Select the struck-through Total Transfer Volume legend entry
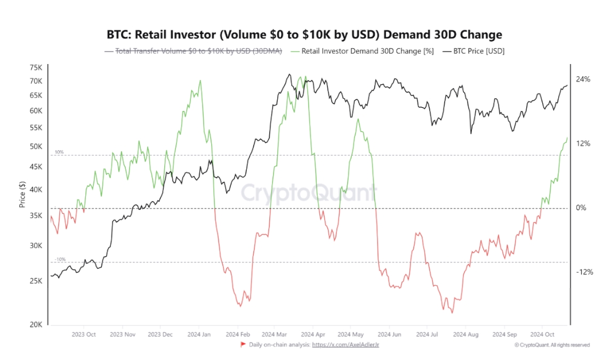pos(193,51)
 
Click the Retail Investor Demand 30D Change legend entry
pos(362,51)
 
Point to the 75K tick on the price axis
pos(36,68)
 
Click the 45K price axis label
pos(36,167)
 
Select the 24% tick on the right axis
pos(583,79)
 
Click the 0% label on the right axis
pos(581,208)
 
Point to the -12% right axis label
pos(584,272)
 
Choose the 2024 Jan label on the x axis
pos(198,334)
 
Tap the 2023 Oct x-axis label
pos(84,334)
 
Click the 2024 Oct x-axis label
pos(542,334)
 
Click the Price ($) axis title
pos(22,195)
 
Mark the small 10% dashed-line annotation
pos(59,153)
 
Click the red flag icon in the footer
pos(244,345)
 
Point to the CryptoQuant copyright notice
pos(552,345)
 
